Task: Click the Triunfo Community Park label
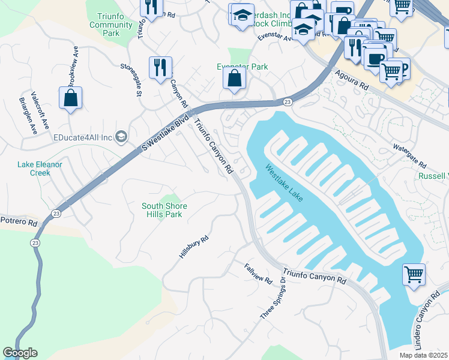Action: pos(110,25)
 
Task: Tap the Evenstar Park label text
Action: pos(242,67)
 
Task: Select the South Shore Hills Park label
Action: pos(164,210)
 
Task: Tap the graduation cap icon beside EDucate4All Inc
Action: pos(121,137)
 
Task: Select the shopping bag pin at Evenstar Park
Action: pos(234,78)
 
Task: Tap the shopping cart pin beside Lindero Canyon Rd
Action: pos(414,275)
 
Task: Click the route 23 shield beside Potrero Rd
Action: pos(56,213)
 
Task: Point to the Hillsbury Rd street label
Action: pos(193,247)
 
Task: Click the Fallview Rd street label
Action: pos(259,273)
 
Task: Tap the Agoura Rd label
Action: pos(354,79)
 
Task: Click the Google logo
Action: pos(20,353)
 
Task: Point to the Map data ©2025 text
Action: pos(424,355)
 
